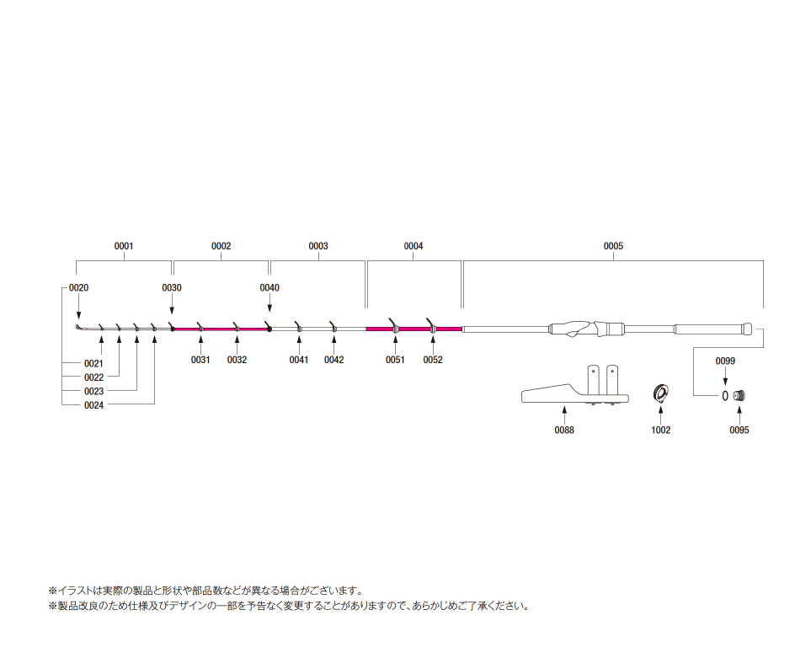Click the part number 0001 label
pyautogui.click(x=124, y=246)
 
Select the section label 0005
pyautogui.click(x=613, y=246)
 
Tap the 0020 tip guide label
pyautogui.click(x=78, y=287)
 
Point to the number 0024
pyautogui.click(x=93, y=405)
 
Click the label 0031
pyautogui.click(x=200, y=360)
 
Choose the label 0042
pyautogui.click(x=333, y=360)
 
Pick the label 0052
pyautogui.click(x=432, y=360)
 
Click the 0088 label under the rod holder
pyautogui.click(x=563, y=430)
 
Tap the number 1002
pyautogui.click(x=660, y=430)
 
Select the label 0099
pyautogui.click(x=724, y=361)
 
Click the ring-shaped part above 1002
pyautogui.click(x=660, y=393)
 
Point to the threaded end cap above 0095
pyautogui.click(x=739, y=396)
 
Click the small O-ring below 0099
pyautogui.click(x=725, y=396)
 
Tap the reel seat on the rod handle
pyautogui.click(x=584, y=329)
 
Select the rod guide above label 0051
pyautogui.click(x=394, y=326)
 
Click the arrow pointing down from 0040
pyautogui.click(x=269, y=302)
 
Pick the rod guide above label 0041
pyautogui.click(x=298, y=327)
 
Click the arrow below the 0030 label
pyautogui.click(x=172, y=303)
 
